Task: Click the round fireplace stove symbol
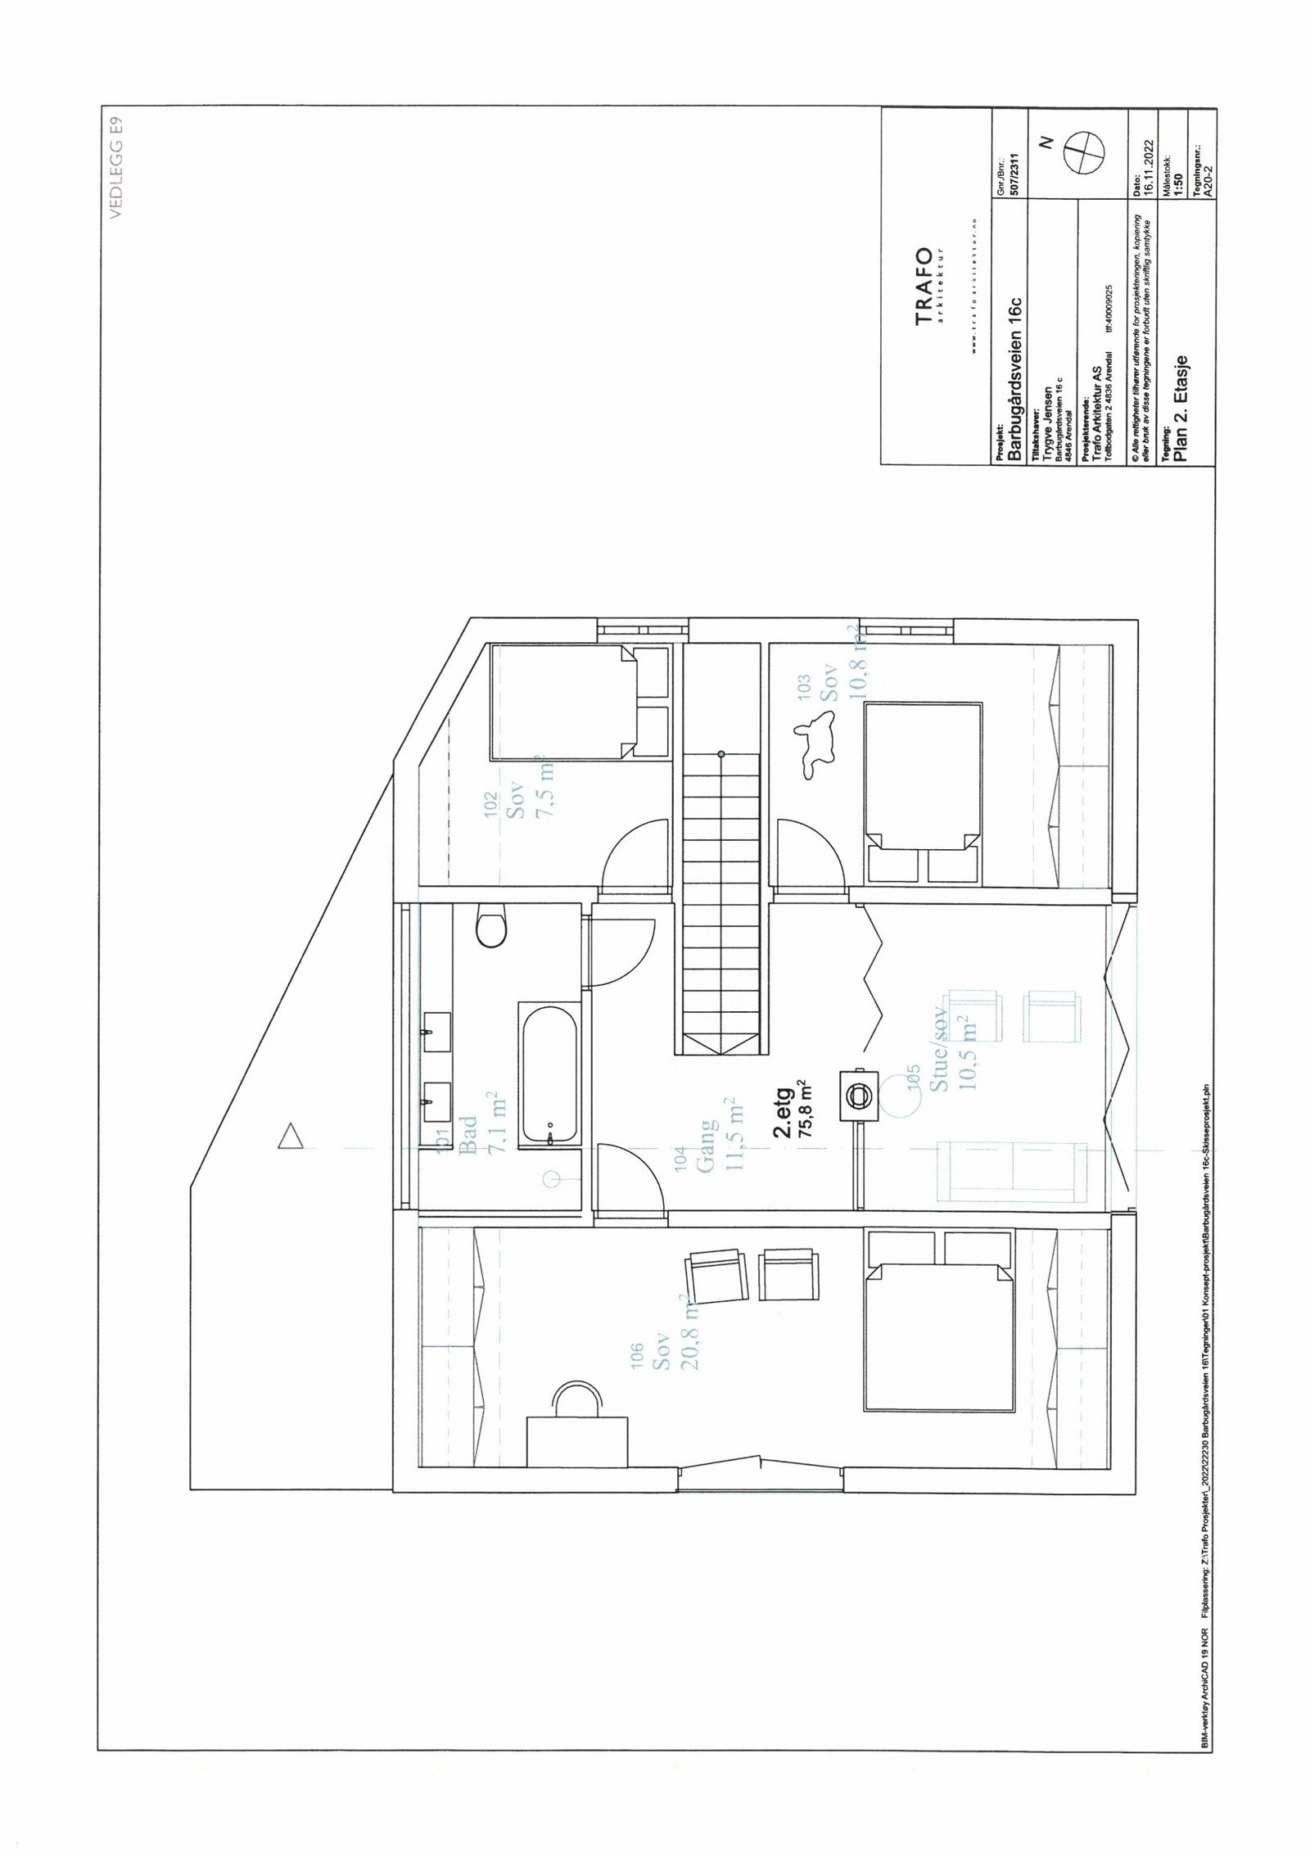click(x=859, y=1093)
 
